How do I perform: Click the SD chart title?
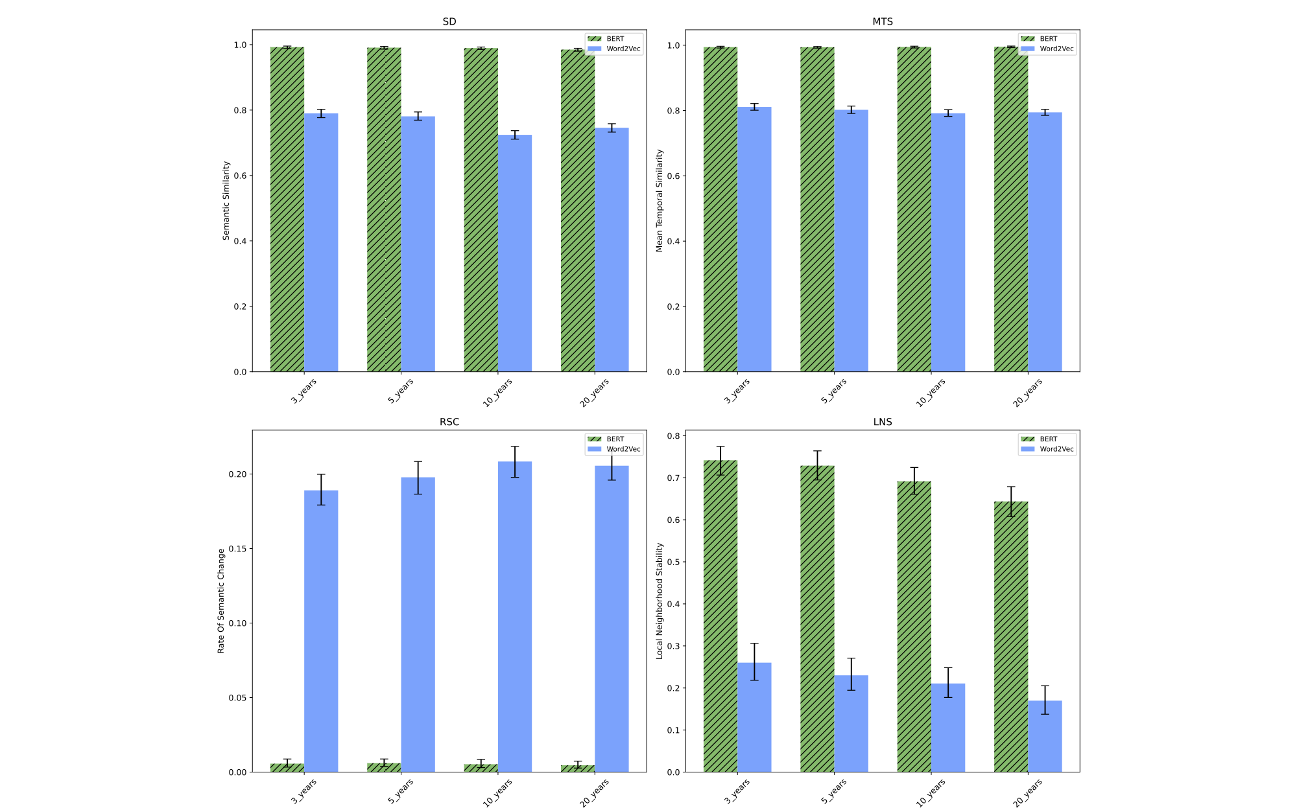tap(449, 21)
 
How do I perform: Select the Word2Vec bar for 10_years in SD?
tap(515, 253)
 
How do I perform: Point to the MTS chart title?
tap(882, 21)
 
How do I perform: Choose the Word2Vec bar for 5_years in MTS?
tap(851, 240)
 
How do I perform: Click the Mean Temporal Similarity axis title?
tap(660, 201)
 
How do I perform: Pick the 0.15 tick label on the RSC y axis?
tap(237, 549)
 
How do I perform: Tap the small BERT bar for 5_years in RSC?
tap(384, 767)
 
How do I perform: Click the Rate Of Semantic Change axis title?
tap(221, 601)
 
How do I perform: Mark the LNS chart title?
tap(882, 422)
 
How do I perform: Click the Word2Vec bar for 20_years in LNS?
tap(1045, 736)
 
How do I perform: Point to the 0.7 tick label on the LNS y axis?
tap(674, 478)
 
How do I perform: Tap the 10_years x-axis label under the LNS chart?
tap(931, 792)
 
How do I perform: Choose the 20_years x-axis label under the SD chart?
tap(595, 392)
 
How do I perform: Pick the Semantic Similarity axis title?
tap(226, 201)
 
